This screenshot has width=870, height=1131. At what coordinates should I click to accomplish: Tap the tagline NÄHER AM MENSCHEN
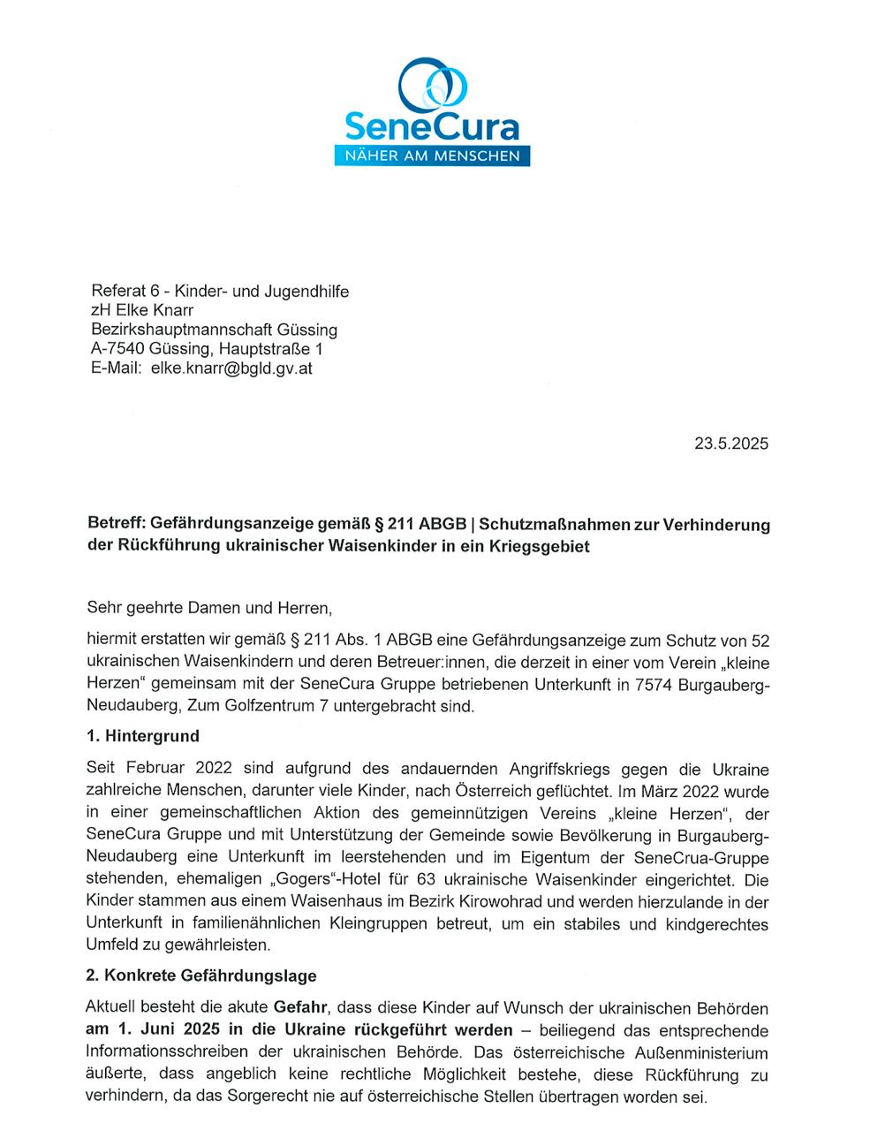(x=431, y=156)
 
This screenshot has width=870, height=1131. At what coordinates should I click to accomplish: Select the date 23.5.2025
(x=730, y=444)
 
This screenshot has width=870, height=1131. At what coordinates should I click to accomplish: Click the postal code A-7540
(x=122, y=349)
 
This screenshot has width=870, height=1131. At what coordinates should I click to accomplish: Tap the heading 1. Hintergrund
(x=142, y=735)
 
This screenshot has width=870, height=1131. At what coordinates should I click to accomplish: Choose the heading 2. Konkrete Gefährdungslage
(x=200, y=976)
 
